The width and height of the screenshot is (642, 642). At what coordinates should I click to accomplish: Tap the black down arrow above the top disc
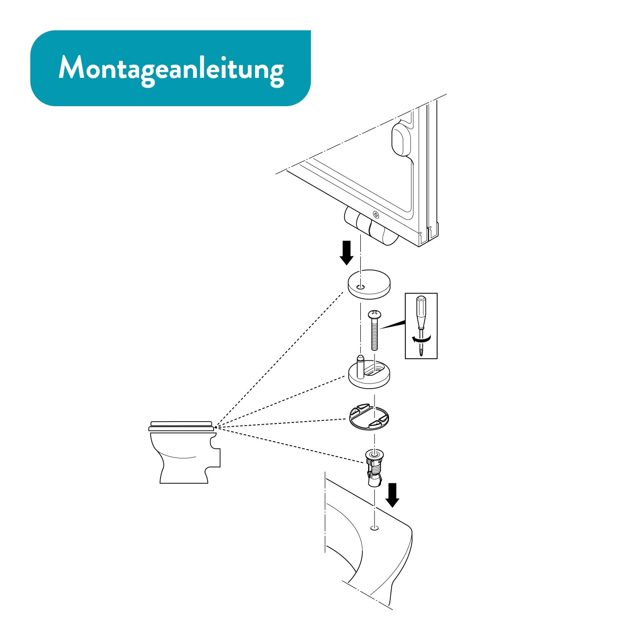pyautogui.click(x=346, y=253)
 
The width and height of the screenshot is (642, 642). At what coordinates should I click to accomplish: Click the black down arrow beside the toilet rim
pyautogui.click(x=392, y=495)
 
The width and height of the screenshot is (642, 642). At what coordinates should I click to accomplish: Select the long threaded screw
pyautogui.click(x=374, y=331)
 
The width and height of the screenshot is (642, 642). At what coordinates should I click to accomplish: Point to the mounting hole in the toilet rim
pyautogui.click(x=374, y=528)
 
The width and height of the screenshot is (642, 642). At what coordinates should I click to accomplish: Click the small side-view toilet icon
pyautogui.click(x=184, y=452)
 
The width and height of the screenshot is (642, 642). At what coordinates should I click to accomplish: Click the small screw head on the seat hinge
pyautogui.click(x=376, y=214)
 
